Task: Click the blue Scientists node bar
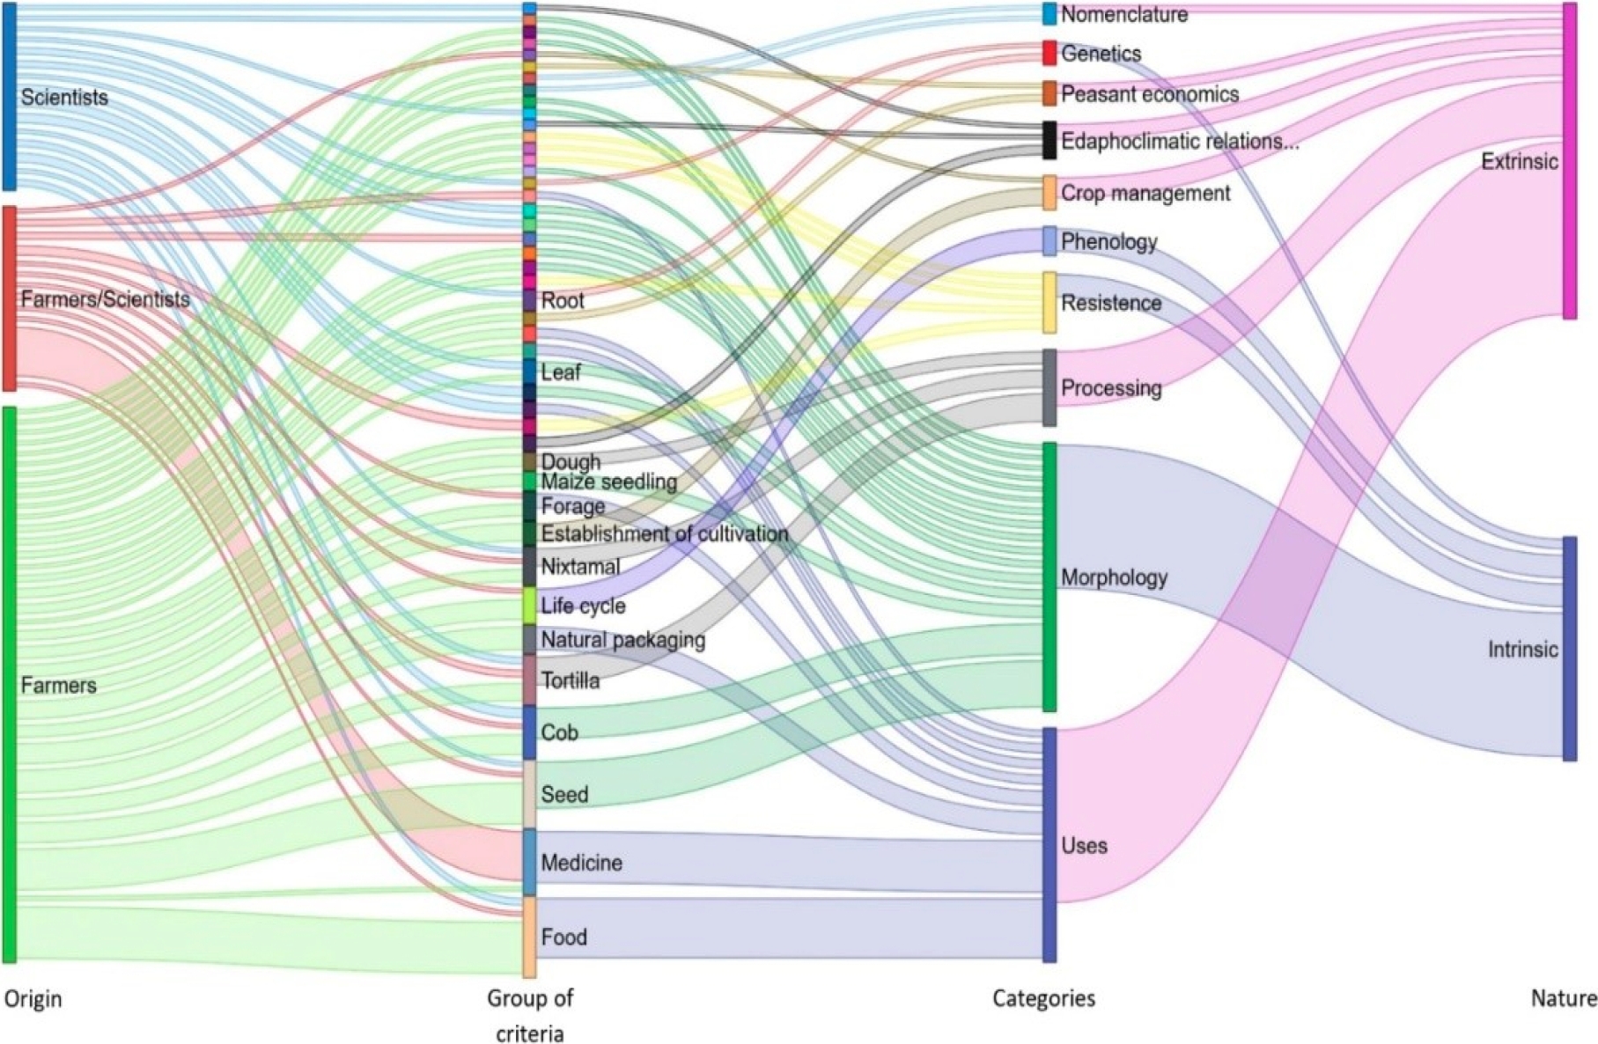9,96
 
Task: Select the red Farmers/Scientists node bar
9,298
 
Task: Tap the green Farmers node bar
9,684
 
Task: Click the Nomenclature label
1123,14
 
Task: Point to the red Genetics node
1049,53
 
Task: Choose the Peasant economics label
1149,94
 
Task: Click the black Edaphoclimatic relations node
1049,140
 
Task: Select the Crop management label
1145,193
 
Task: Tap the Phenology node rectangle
1049,241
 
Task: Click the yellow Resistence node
1049,302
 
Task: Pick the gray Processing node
1049,387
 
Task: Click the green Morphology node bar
1049,577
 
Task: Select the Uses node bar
1049,844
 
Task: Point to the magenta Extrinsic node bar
1570,161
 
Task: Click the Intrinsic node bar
1570,649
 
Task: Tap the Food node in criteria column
529,937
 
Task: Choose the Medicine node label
581,863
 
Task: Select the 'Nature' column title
1563,998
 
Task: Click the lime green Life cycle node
529,606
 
